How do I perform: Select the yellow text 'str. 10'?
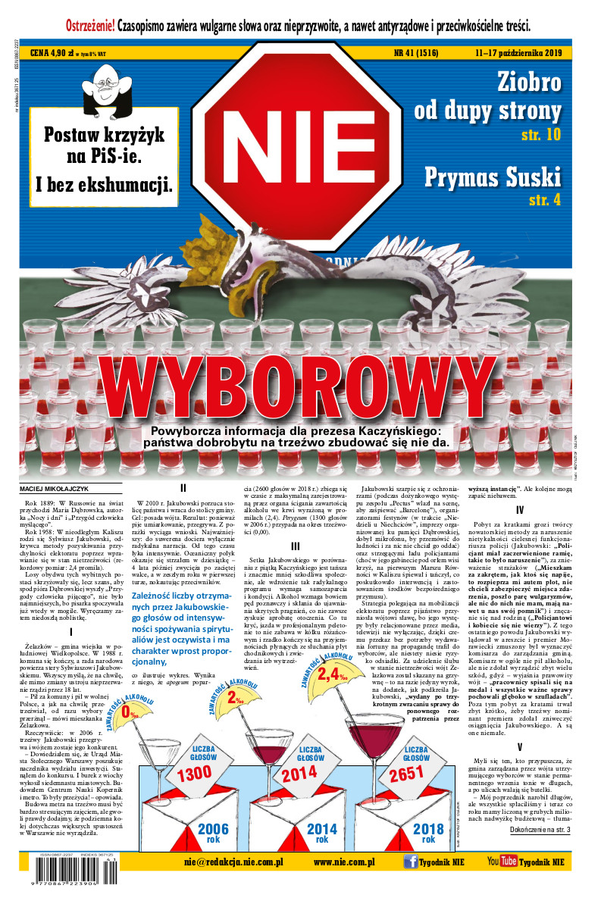click(541, 135)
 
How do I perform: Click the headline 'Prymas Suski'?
click(493, 177)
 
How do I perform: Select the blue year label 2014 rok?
click(322, 832)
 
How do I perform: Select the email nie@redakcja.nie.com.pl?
click(233, 862)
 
